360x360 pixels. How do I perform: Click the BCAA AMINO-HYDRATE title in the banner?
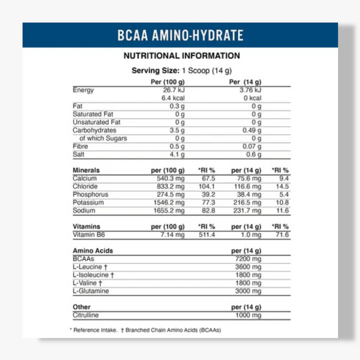click(x=180, y=35)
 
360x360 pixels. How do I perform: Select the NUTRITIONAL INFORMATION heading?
click(x=181, y=56)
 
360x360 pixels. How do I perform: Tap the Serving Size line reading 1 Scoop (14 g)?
click(x=181, y=70)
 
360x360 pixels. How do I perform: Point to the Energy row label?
click(x=83, y=90)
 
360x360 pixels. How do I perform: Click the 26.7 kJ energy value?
click(x=174, y=90)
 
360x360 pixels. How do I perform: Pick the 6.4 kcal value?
click(x=174, y=98)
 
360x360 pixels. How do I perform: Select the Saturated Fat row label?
click(x=93, y=114)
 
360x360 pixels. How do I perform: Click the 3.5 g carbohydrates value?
click(x=177, y=130)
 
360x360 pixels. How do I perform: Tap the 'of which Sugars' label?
click(x=103, y=138)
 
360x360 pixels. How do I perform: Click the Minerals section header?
click(x=86, y=170)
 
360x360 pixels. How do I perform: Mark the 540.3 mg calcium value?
click(x=171, y=178)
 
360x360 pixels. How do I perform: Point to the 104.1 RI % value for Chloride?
click(x=206, y=186)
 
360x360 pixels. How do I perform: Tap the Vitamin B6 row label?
click(x=89, y=234)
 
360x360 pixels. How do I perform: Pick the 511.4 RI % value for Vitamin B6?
click(x=206, y=234)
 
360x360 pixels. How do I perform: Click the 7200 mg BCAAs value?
click(x=248, y=258)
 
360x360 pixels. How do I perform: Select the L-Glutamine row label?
click(x=90, y=291)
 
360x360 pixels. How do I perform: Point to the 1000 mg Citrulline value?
click(x=248, y=315)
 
